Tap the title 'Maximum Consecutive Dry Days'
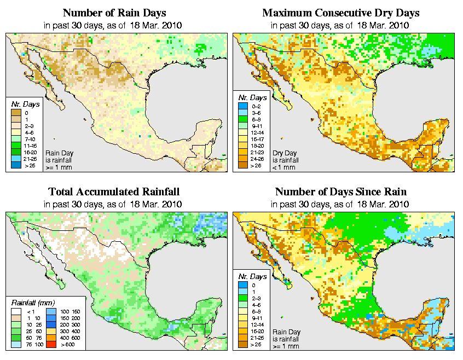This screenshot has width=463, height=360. click(340, 13)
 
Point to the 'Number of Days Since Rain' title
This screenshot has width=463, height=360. click(340, 192)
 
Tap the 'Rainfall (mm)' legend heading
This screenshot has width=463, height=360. click(32, 302)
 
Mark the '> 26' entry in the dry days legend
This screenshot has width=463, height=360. click(246, 164)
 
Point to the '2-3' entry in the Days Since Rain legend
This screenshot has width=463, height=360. click(246, 298)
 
